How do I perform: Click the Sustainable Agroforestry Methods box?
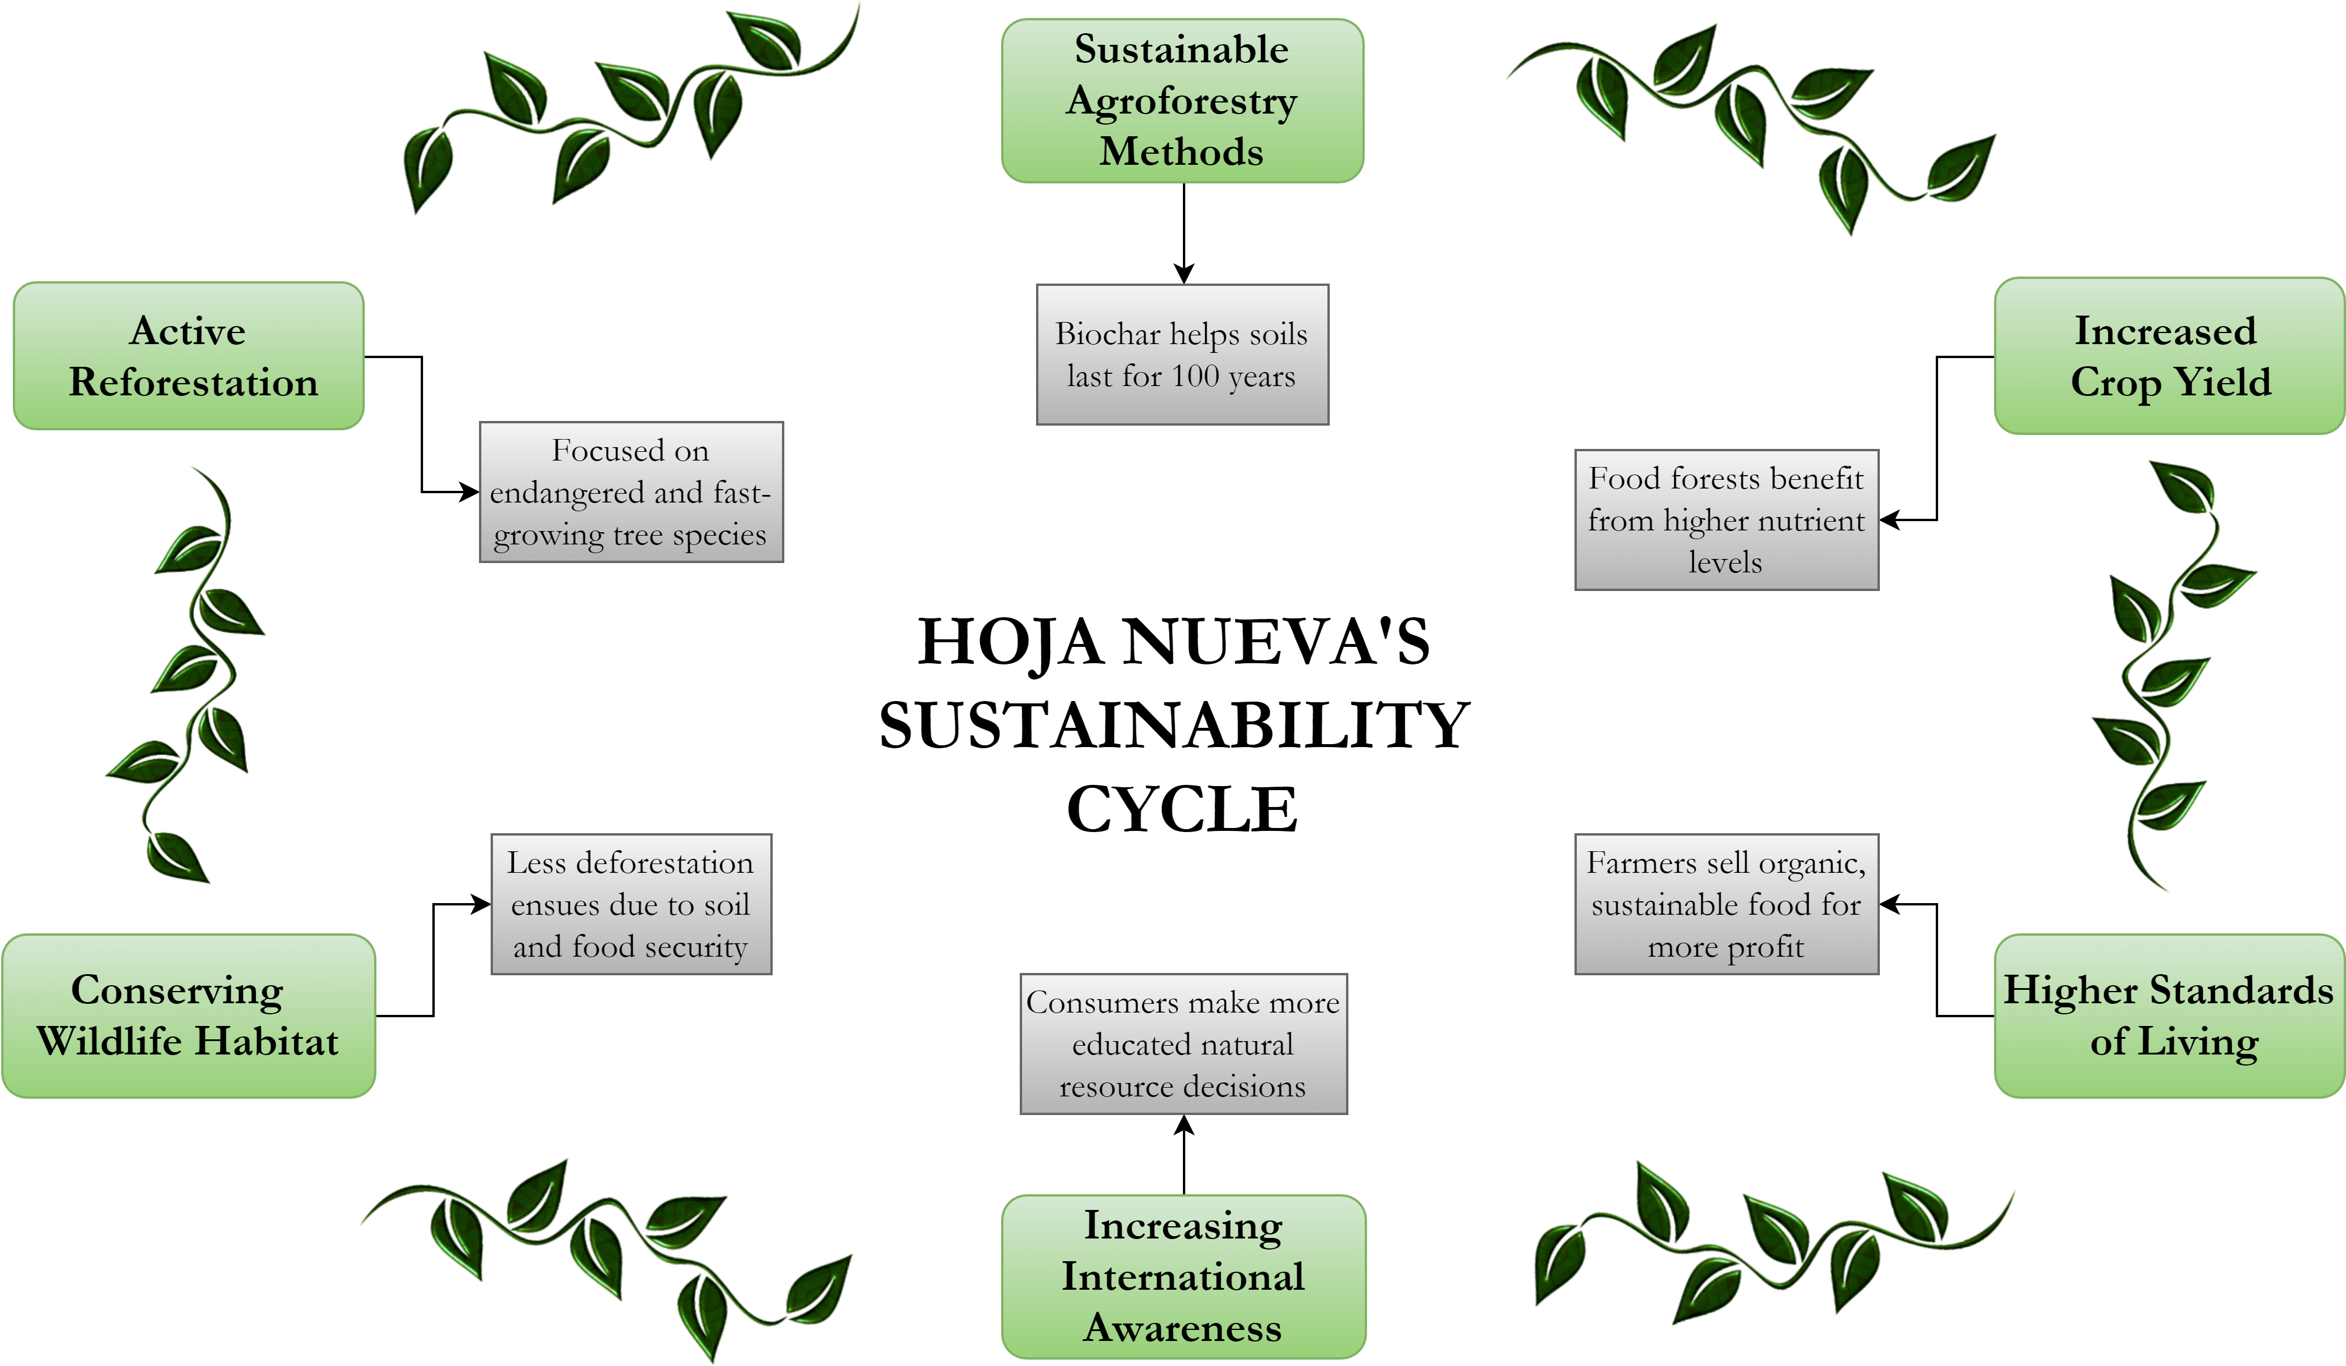(x=1182, y=101)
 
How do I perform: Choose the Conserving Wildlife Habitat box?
(x=189, y=1016)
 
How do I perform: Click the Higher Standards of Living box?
(x=2169, y=1016)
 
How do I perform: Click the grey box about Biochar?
(x=1182, y=355)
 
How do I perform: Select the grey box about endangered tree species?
(x=631, y=492)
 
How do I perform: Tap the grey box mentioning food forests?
(x=1726, y=520)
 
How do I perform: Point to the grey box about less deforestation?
(x=631, y=904)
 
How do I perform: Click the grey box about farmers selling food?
(x=1726, y=904)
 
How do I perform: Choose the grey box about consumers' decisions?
(x=1183, y=1044)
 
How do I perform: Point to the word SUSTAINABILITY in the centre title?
(x=1175, y=726)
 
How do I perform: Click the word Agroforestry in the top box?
(x=1182, y=101)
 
